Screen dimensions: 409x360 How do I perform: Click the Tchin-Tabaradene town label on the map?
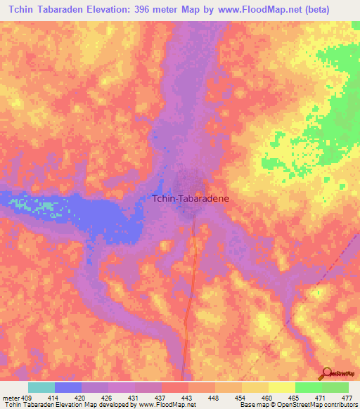pos(190,199)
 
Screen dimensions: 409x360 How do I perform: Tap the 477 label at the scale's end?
pos(346,397)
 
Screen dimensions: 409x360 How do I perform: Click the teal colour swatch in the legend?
pos(41,387)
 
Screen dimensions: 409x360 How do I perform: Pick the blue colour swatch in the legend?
pos(68,387)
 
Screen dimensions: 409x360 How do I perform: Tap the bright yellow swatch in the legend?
pos(281,387)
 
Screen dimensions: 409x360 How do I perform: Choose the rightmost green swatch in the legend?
pos(335,387)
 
